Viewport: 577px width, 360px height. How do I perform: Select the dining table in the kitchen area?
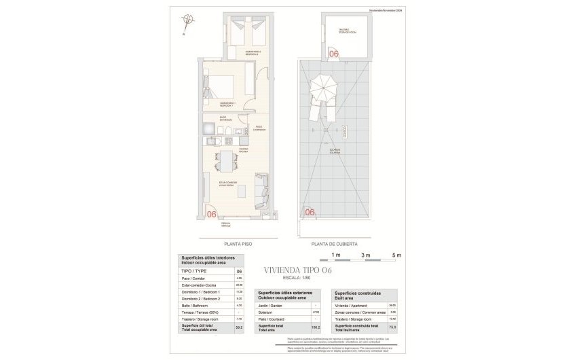225,162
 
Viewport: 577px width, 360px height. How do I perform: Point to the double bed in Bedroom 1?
221,90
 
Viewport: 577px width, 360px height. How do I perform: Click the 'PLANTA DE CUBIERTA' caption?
334,243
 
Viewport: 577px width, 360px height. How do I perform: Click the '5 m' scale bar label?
398,254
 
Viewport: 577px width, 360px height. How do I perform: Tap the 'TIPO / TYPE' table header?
193,270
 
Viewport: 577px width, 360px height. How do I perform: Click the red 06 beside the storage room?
333,53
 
